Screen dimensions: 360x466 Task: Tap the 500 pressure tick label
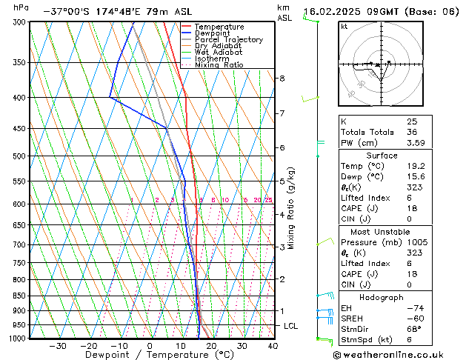pyautogui.click(x=20, y=156)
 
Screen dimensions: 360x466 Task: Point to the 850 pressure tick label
pyautogui.click(x=20, y=296)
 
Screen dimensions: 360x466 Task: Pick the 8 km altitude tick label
pyautogui.click(x=282, y=79)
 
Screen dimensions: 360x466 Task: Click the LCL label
pyautogui.click(x=291, y=326)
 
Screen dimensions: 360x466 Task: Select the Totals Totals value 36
pyautogui.click(x=411, y=132)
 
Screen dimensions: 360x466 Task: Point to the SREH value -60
pyautogui.click(x=413, y=319)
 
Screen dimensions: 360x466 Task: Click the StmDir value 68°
pyautogui.click(x=413, y=329)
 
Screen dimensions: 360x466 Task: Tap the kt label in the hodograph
pyautogui.click(x=344, y=26)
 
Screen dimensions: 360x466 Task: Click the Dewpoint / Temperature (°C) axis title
pyautogui.click(x=150, y=356)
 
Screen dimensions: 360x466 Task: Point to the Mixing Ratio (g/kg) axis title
pyautogui.click(x=292, y=208)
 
